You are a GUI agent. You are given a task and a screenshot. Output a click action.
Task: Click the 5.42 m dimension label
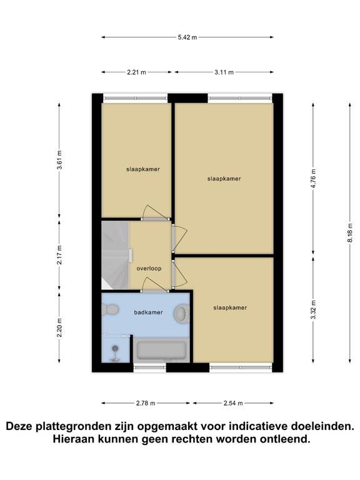(187, 37)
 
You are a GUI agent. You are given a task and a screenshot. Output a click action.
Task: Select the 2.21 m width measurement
(136, 72)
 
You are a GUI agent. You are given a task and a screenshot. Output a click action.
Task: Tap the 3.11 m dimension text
(224, 72)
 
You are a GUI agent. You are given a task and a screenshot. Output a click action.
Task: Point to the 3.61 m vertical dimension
(60, 160)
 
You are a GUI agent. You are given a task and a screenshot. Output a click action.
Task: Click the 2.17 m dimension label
(60, 255)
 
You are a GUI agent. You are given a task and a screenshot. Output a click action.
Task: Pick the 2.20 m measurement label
(60, 327)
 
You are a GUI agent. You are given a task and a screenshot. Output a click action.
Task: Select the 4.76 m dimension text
(314, 179)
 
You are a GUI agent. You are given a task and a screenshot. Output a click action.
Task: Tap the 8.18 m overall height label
(350, 233)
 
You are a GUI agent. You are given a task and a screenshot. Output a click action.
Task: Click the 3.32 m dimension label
(314, 310)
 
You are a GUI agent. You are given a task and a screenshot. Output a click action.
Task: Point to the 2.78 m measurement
(146, 403)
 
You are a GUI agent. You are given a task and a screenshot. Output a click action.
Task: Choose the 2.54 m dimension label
(233, 403)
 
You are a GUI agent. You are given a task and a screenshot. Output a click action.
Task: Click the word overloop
(149, 269)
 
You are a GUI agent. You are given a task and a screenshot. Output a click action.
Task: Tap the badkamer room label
(149, 312)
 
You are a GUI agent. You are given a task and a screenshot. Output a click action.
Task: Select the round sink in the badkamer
(182, 313)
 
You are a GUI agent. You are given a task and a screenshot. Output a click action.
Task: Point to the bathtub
(161, 350)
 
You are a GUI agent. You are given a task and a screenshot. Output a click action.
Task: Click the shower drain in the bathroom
(115, 348)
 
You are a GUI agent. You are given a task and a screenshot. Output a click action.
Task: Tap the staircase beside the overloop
(115, 255)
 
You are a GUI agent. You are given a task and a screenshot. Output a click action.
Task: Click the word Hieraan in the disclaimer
(74, 439)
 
